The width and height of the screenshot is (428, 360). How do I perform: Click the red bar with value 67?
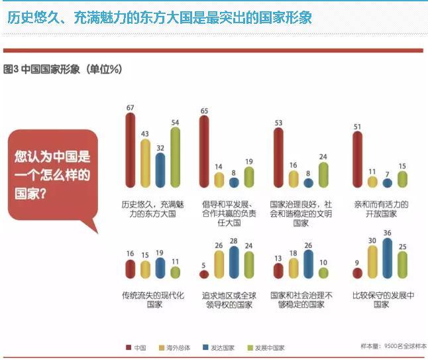click(x=131, y=150)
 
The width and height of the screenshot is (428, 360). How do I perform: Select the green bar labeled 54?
click(x=175, y=156)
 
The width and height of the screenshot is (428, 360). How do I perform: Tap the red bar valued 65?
click(x=204, y=150)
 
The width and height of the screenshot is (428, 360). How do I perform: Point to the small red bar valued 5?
click(x=204, y=274)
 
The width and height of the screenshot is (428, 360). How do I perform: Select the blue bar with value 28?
click(x=234, y=262)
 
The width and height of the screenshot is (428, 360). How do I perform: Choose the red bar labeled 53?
click(x=278, y=157)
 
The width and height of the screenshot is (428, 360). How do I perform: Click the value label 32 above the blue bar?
click(x=160, y=148)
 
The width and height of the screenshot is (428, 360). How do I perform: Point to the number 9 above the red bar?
click(x=357, y=262)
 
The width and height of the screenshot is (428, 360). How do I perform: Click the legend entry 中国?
click(x=136, y=347)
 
